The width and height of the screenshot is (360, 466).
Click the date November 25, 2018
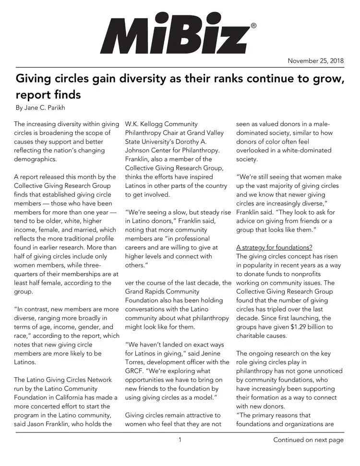[316, 60]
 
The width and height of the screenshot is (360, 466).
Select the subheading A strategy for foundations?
[274, 248]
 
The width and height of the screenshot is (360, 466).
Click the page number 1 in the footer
[180, 440]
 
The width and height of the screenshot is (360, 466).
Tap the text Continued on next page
[309, 440]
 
